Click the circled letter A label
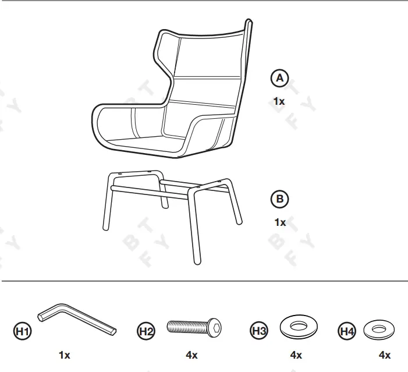280,78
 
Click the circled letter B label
280,199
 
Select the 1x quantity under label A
279,101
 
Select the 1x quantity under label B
280,222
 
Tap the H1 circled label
23,331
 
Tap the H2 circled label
146,331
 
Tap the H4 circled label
347,331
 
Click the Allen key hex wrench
81,322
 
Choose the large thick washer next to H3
299,327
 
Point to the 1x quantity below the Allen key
64,355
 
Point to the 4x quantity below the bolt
191,355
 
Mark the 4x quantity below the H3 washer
296,355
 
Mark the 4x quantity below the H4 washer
384,355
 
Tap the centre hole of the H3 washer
299,325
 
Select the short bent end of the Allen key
44,314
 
